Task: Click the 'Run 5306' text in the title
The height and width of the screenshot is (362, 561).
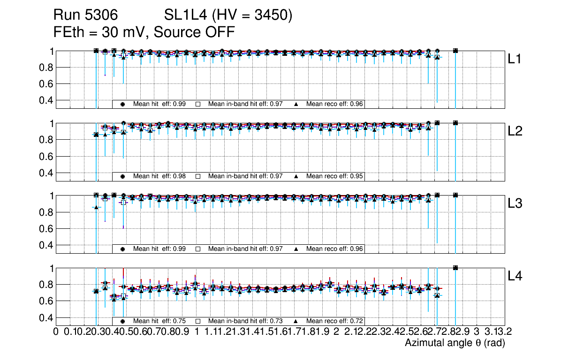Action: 84,15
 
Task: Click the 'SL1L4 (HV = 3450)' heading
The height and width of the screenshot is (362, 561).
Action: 228,15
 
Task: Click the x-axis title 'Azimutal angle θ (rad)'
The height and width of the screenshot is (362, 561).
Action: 455,343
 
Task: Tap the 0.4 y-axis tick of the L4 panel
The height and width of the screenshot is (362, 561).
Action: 45,317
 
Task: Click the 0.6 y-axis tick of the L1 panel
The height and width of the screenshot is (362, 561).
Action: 45,84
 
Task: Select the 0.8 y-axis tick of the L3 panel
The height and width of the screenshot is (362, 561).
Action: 45,212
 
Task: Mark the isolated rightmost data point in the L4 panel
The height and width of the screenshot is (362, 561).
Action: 455,268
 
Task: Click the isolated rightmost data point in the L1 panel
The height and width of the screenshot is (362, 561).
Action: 455,51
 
